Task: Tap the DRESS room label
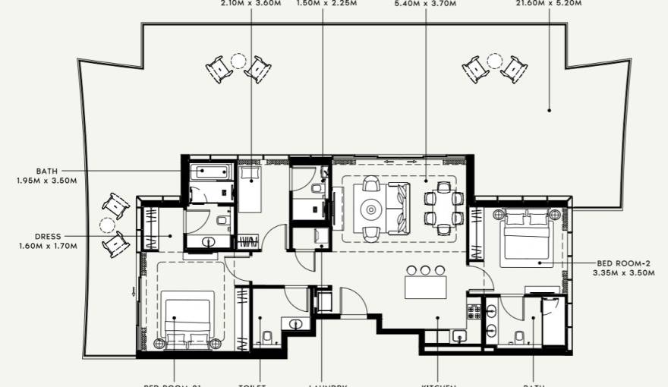48,236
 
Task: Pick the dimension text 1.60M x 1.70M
48,246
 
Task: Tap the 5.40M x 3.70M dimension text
425,4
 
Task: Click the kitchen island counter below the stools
426,288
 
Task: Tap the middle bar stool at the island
426,269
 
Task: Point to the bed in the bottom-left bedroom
187,319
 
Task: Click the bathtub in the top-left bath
209,172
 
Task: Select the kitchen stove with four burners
474,310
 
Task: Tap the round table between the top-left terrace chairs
238,60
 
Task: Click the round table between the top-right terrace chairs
495,60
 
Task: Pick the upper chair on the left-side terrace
116,205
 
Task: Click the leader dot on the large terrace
550,111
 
